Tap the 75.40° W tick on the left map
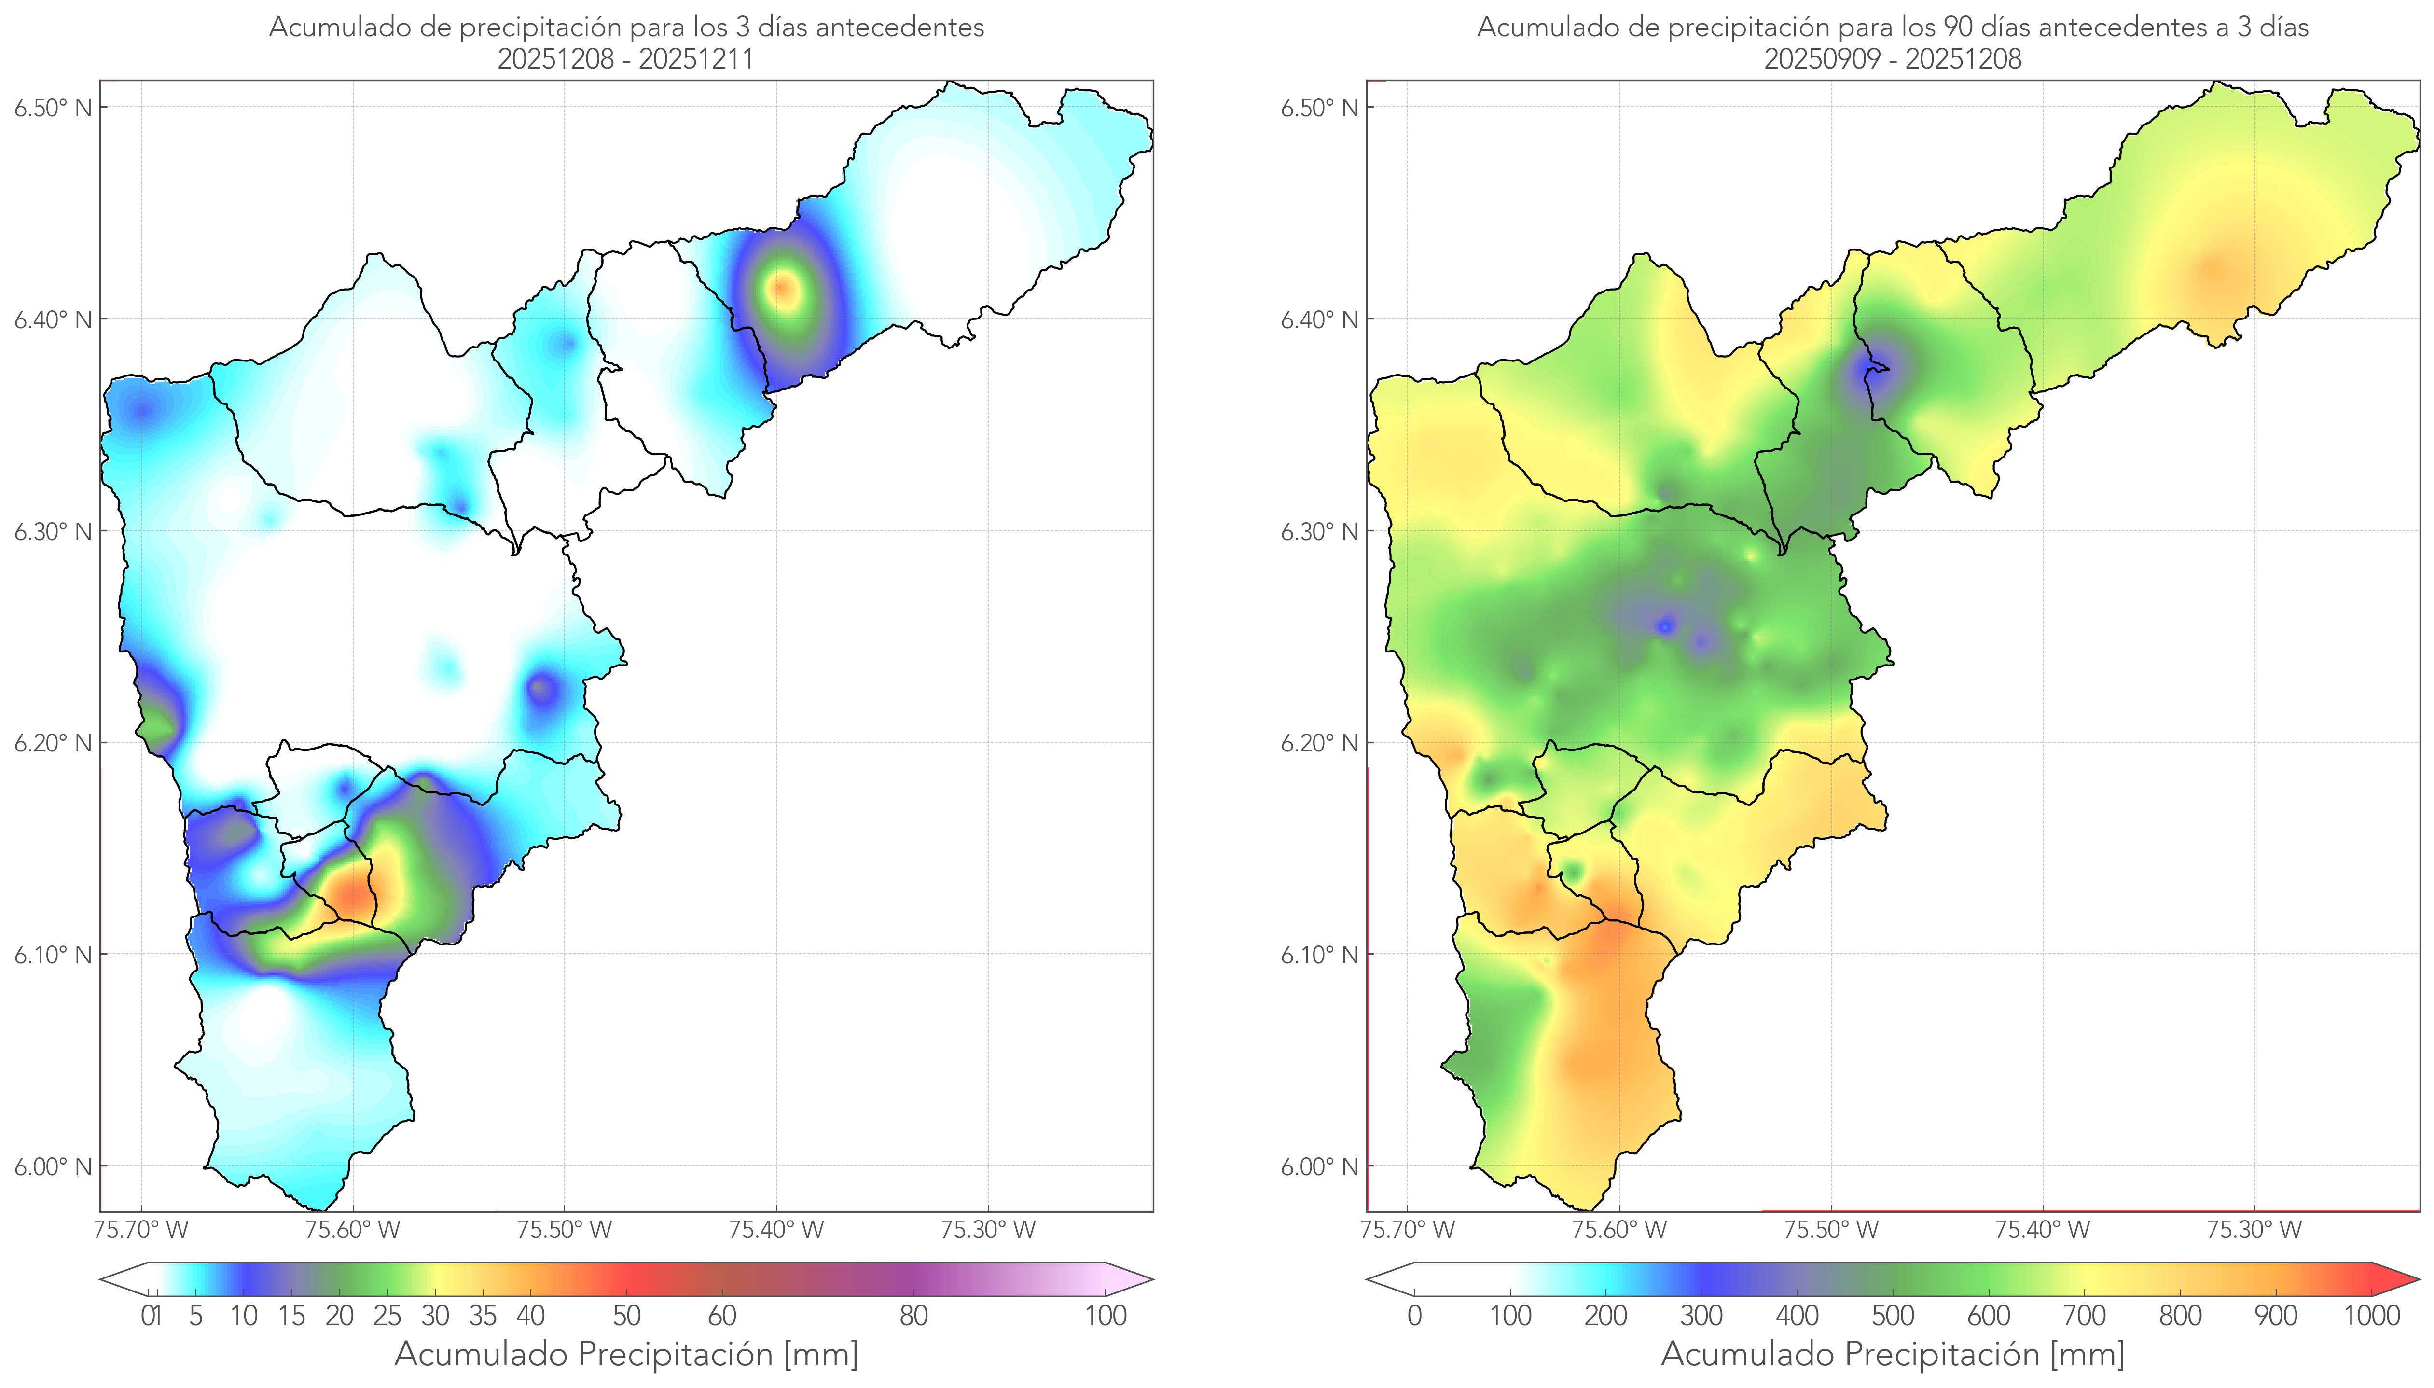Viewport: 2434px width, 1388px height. (x=776, y=1230)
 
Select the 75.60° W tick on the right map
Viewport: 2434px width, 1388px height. (x=1619, y=1230)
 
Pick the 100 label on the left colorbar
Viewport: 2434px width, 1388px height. (x=1106, y=1316)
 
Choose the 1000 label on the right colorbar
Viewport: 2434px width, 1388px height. (x=2371, y=1316)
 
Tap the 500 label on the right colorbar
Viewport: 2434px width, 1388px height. (x=1893, y=1316)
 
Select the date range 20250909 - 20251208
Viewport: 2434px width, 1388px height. (x=1893, y=59)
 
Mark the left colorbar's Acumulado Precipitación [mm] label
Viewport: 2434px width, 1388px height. (x=626, y=1354)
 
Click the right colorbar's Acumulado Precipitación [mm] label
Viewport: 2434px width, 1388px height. (x=1893, y=1354)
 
